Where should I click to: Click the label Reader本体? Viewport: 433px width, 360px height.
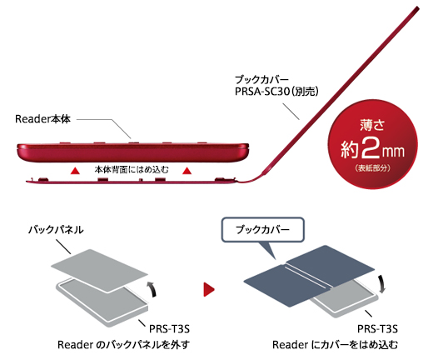(47, 119)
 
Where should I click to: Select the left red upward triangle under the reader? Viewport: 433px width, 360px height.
(75, 170)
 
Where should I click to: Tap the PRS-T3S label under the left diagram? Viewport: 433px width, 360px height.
(167, 327)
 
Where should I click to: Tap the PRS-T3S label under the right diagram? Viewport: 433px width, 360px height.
(382, 327)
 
